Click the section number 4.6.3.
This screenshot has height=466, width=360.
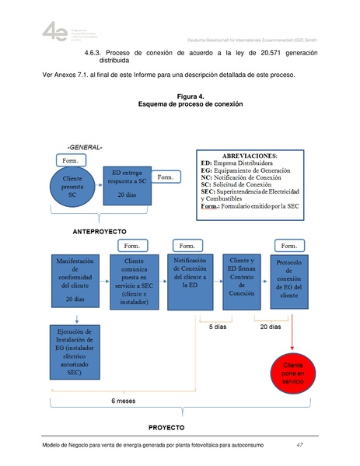pyautogui.click(x=93, y=53)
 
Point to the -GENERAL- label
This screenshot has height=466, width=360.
pyautogui.click(x=85, y=147)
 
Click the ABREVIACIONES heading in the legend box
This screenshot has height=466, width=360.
pyautogui.click(x=250, y=156)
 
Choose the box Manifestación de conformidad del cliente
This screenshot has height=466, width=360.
pyautogui.click(x=75, y=282)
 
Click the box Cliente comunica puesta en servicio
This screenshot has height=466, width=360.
pyautogui.click(x=137, y=284)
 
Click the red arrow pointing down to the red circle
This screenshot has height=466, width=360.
pyautogui.click(x=292, y=331)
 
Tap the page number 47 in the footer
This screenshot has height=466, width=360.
pyautogui.click(x=300, y=445)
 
